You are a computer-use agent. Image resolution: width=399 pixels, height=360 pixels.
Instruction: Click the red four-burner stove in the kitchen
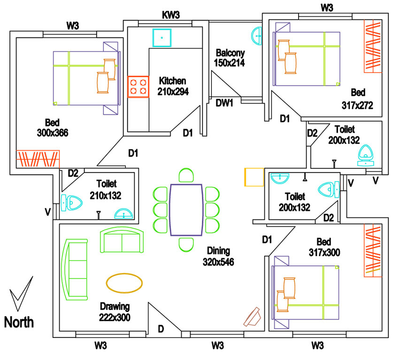tap(138, 86)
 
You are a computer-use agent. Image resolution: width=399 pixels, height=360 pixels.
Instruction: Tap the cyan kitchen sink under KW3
tap(161, 38)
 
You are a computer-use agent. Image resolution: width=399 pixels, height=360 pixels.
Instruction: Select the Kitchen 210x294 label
tap(173, 86)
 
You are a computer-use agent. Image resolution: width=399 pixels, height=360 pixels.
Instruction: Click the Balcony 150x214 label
tap(230, 57)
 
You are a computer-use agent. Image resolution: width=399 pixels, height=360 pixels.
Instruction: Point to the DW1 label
tap(224, 103)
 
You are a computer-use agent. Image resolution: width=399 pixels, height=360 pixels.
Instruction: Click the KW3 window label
tap(171, 15)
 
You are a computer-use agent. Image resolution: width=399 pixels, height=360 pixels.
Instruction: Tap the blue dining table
tap(186, 210)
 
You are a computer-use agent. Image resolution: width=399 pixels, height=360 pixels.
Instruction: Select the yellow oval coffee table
tap(124, 283)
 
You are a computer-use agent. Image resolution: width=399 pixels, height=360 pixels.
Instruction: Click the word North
tap(19, 322)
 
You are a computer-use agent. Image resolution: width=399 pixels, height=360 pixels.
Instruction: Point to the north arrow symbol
tap(21, 294)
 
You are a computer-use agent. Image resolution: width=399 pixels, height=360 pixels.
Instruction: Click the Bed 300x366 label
tap(52, 128)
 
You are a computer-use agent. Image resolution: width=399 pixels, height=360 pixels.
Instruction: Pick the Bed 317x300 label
tap(324, 247)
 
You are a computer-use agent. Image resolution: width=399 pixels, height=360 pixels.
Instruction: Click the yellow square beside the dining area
tap(254, 177)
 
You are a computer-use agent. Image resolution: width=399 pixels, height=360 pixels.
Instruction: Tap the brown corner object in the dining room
tap(253, 317)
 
